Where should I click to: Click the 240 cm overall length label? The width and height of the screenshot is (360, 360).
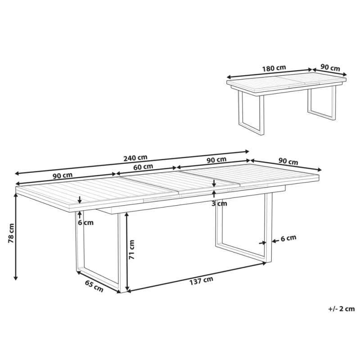click(x=135, y=158)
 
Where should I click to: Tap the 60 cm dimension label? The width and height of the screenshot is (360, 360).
click(x=143, y=167)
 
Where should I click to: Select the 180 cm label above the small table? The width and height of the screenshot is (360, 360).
click(x=274, y=68)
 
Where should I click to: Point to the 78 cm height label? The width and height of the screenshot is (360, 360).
click(x=11, y=233)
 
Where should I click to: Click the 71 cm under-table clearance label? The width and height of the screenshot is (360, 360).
click(x=131, y=250)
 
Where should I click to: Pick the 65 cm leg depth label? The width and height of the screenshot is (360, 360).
click(x=94, y=286)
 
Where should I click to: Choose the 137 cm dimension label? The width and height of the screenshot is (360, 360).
click(x=201, y=280)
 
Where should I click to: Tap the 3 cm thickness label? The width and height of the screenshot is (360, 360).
click(x=219, y=204)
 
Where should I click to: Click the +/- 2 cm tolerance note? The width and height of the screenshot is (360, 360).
click(x=342, y=309)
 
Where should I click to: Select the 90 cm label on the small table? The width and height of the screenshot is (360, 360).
click(x=330, y=68)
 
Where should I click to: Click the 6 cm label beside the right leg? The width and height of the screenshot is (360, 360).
click(x=288, y=238)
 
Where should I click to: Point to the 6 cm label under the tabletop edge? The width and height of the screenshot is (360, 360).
click(x=85, y=222)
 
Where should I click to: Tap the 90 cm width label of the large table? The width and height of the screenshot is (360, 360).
click(x=288, y=162)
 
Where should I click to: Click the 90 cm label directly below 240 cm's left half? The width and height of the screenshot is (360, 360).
click(x=63, y=175)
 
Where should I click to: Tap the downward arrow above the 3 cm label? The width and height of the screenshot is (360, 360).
click(x=214, y=183)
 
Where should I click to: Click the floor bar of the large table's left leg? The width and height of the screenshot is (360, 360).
click(x=99, y=280)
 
